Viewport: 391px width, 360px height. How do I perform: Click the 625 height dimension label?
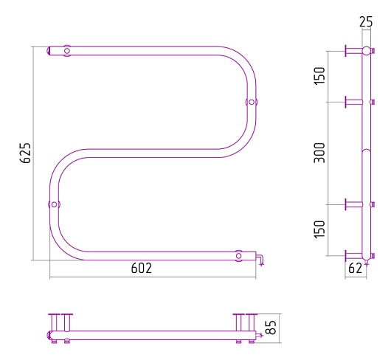(25, 153)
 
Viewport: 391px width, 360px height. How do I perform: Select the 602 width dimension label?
(142, 269)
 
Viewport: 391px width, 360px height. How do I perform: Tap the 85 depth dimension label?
(271, 327)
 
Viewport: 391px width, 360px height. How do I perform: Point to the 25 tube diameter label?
(366, 21)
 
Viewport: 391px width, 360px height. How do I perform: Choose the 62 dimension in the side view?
(355, 269)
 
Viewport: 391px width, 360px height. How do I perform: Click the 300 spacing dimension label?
(319, 153)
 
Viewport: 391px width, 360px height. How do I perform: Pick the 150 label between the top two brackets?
(319, 76)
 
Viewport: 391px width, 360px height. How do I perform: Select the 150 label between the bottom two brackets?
(319, 229)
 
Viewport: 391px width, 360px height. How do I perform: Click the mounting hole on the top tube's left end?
(67, 51)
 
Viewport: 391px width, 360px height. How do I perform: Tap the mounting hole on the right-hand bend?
(252, 102)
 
